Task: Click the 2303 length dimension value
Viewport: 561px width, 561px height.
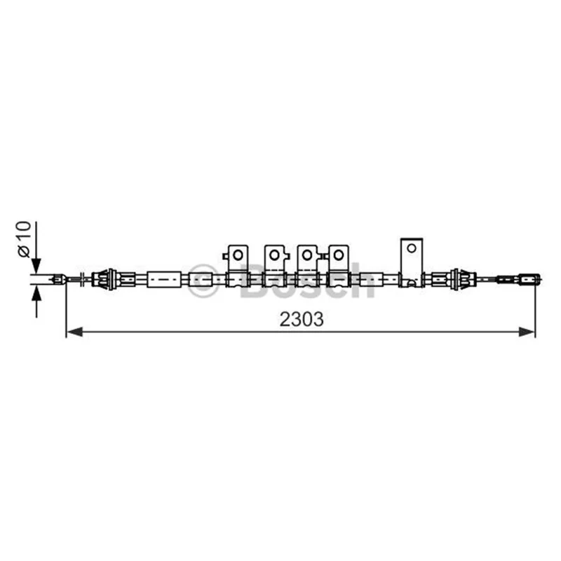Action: tap(302, 320)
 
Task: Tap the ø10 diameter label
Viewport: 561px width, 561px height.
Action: tap(24, 239)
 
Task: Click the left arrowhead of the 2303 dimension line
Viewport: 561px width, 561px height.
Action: tap(75, 332)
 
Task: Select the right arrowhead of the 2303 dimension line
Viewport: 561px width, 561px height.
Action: tap(527, 332)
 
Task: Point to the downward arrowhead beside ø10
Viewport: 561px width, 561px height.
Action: tap(36, 266)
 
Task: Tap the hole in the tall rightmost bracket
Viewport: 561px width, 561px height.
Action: tap(412, 248)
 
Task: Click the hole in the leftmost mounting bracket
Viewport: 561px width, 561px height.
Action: tap(238, 255)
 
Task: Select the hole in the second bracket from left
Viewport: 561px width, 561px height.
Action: tap(274, 255)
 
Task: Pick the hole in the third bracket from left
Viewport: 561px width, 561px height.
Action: tap(307, 255)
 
